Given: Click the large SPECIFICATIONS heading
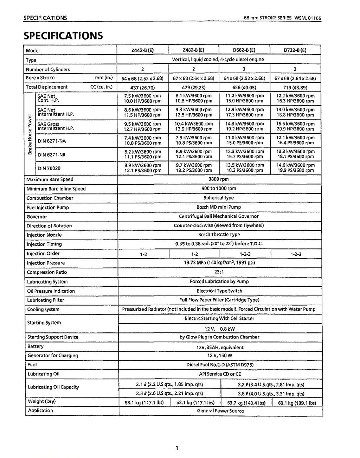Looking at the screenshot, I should point(63,36).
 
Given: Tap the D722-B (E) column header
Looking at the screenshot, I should point(295,50).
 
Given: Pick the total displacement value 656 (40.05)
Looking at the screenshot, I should point(244,88).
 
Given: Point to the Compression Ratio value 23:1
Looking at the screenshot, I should point(218,272).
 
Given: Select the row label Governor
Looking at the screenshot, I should point(37,217).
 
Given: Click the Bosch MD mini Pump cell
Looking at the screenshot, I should point(218,207).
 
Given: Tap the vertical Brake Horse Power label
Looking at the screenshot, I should point(30,134).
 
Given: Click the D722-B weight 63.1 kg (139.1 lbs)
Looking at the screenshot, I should point(297,403).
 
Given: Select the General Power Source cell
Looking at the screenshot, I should point(220,411).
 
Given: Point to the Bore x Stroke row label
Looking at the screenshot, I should point(40,78).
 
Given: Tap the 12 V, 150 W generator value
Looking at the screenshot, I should point(219,356).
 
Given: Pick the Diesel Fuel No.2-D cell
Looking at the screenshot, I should point(219,365).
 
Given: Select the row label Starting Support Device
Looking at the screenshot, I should point(53,337).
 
